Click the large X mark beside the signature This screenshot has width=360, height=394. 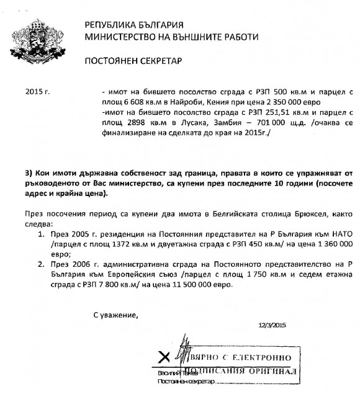pos(164,356)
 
